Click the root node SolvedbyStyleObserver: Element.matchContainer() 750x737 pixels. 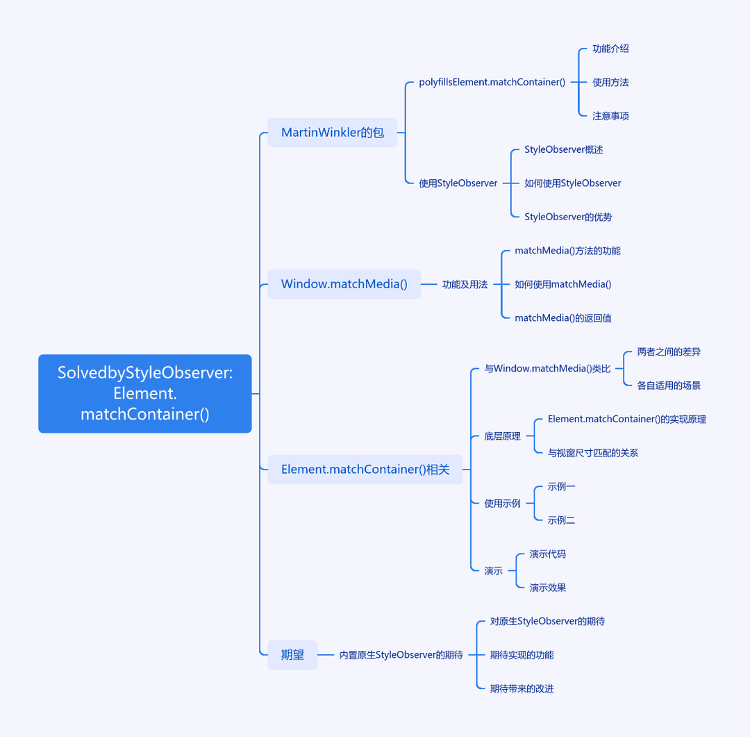pos(145,393)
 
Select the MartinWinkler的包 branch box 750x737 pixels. pos(333,133)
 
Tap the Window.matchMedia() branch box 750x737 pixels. pos(344,284)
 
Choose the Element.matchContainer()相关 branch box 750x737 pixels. pos(365,470)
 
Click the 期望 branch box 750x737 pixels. pos(292,654)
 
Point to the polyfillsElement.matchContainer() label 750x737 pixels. pos(492,83)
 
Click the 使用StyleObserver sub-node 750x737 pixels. pos(458,183)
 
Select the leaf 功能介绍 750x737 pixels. pos(610,49)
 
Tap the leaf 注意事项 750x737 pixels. pos(610,116)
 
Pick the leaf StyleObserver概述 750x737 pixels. pos(563,150)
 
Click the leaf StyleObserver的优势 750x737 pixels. pos(568,217)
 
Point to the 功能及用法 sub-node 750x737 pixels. pos(465,284)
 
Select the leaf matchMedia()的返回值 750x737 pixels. pos(563,317)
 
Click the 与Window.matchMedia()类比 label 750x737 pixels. pos(547,368)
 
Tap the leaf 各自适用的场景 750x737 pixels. pos(669,386)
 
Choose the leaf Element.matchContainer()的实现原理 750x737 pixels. pos(626,420)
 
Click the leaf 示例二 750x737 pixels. pos(561,520)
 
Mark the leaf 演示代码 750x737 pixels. pos(548,554)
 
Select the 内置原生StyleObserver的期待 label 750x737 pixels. pos(401,654)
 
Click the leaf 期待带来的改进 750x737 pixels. pos(522,688)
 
